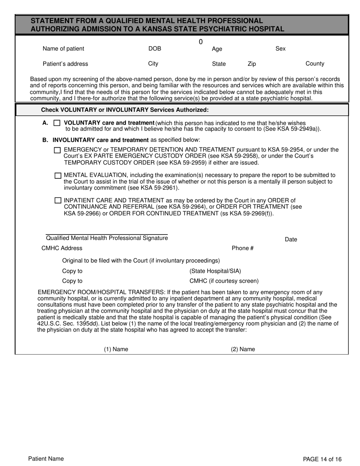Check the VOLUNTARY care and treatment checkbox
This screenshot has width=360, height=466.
57,123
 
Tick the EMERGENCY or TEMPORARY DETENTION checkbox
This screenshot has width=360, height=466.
57,150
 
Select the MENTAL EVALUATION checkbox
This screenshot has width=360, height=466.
58,176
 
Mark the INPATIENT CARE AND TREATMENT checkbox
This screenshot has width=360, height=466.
58,200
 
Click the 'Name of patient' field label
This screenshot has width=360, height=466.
63,49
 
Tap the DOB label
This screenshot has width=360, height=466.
155,49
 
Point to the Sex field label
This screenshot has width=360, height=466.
280,49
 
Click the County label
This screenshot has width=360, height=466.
315,64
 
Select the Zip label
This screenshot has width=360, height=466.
252,64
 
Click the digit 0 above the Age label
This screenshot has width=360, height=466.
201,42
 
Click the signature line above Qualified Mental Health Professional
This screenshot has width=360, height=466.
106,235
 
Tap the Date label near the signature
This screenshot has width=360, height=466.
291,239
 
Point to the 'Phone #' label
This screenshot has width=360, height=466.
243,249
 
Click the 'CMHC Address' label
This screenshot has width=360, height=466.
62,249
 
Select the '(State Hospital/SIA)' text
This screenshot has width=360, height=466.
215,271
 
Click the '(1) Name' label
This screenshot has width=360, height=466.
116,349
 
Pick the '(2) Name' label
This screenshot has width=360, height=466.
243,349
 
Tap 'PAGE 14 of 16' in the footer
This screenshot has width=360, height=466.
322,459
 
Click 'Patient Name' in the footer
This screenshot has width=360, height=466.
46,459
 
